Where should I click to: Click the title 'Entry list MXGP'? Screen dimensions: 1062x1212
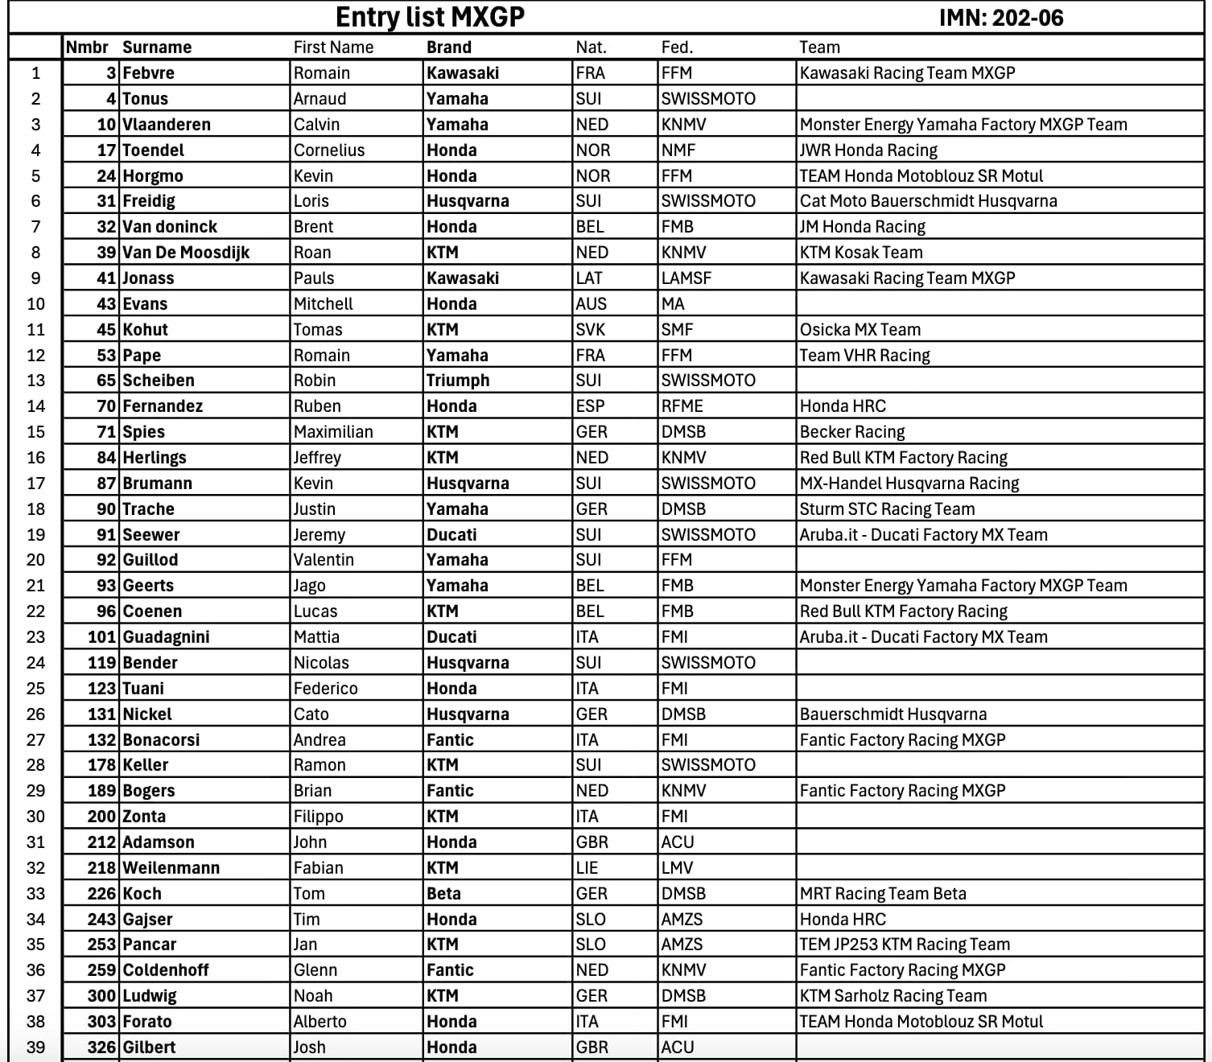pos(430,17)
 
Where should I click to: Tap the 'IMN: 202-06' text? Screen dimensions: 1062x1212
pos(1000,18)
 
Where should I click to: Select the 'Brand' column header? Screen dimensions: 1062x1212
pos(449,47)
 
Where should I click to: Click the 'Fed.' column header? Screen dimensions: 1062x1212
pos(677,47)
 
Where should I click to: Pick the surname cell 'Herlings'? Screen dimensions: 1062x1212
pos(155,458)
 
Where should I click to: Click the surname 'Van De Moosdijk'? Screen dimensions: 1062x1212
pos(186,253)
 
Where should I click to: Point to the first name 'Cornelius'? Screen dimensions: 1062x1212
pos(329,150)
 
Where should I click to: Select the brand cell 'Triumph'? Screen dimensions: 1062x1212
pos(458,381)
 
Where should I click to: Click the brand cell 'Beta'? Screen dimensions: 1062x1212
pos(443,894)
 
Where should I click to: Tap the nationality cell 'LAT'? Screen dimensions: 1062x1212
pos(589,278)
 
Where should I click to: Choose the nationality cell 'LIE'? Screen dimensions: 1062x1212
pos(587,868)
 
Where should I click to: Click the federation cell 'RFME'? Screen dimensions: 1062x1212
pos(682,406)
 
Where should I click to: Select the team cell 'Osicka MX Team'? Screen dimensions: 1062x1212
pos(860,330)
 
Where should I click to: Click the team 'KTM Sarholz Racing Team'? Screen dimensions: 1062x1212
pos(893,996)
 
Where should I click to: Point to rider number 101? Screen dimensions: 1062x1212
pos(102,637)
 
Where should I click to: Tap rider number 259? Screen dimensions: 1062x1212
pos(102,970)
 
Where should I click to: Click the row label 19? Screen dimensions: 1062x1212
pos(36,535)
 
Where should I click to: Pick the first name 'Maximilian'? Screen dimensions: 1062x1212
pos(333,432)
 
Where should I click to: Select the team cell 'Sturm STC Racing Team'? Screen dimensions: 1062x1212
pos(887,509)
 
